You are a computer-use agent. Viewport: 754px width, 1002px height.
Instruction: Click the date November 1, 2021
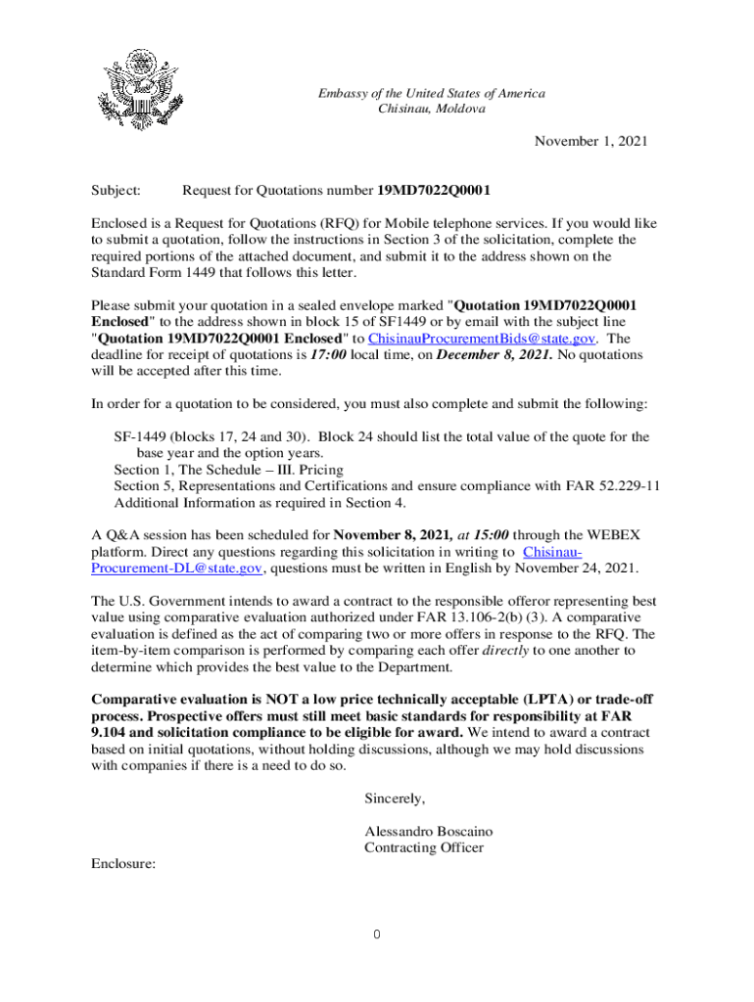[590, 142]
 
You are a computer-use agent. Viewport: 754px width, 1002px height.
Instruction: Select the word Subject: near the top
[116, 190]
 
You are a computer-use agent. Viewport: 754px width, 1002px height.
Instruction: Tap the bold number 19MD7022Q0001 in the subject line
[435, 190]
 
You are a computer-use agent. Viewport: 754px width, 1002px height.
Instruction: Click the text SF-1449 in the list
[140, 437]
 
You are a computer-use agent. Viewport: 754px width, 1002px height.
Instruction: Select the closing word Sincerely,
[395, 798]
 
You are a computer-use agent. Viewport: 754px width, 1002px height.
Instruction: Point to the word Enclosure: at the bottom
[123, 865]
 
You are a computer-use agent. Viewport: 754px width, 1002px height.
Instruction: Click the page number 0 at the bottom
[376, 935]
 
